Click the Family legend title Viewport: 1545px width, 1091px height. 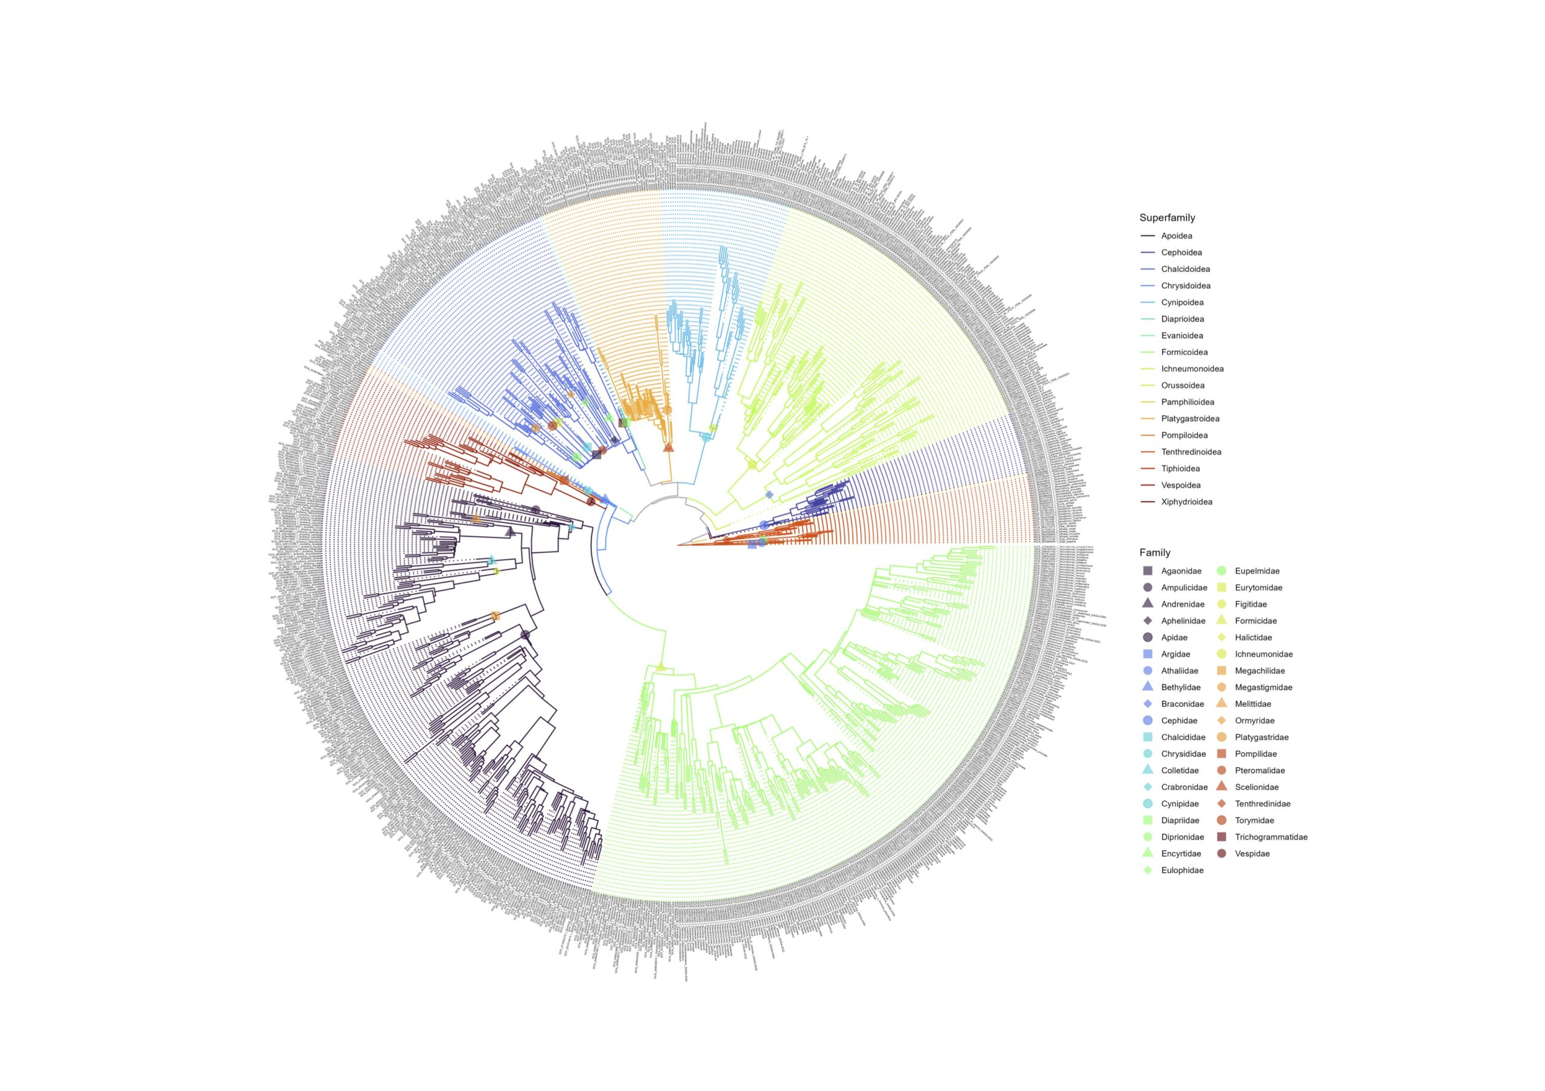pos(1155,553)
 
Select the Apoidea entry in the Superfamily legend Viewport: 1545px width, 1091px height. pos(1176,236)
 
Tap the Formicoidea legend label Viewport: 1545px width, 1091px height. pos(1184,352)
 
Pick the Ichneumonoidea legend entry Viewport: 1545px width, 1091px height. pos(1192,369)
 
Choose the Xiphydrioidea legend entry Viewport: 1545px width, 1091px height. pos(1187,502)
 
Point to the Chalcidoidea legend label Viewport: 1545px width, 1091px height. pos(1185,269)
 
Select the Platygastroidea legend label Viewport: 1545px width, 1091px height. pos(1190,419)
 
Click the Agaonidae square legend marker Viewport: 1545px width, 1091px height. pos(1148,571)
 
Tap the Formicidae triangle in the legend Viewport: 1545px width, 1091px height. pos(1222,621)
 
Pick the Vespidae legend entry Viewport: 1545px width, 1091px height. pos(1252,853)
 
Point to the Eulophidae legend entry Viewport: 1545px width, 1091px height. pos(1182,870)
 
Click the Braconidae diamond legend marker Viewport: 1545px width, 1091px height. pos(1148,704)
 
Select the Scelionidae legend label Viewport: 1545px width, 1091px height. pos(1257,787)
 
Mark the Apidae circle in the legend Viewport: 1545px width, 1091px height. pos(1148,637)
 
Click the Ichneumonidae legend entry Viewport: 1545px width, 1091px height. pos(1263,654)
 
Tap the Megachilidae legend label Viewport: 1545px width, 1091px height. pos(1260,671)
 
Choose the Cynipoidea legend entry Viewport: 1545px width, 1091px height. pos(1182,303)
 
